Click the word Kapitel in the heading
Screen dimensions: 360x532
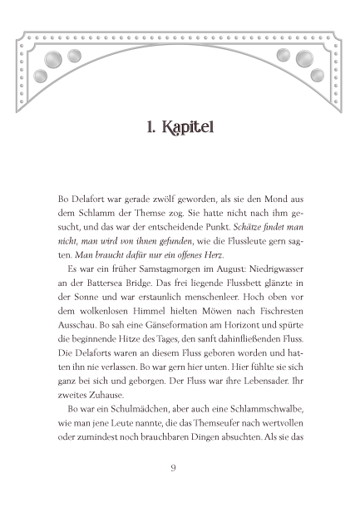click(193, 129)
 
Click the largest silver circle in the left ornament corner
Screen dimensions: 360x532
click(52, 57)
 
